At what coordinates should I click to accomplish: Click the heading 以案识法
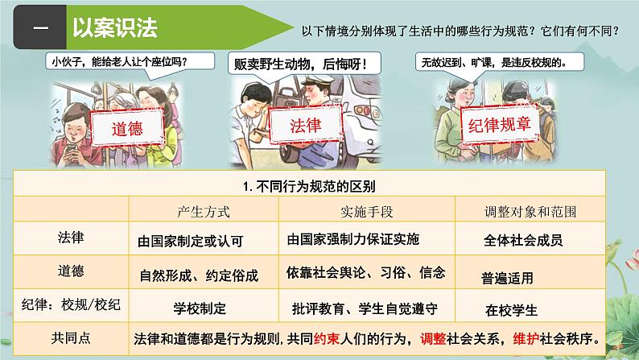[115, 27]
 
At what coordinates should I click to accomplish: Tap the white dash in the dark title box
[41, 27]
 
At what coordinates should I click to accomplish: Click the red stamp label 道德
[127, 128]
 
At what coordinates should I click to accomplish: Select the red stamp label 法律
[306, 125]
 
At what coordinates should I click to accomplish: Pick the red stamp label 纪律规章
[500, 124]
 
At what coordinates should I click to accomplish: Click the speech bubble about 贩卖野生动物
[304, 64]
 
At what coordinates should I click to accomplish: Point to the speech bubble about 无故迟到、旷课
[499, 63]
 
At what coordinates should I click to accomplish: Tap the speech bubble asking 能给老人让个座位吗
[130, 62]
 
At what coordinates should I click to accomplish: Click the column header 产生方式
[204, 212]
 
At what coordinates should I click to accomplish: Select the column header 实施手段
[366, 212]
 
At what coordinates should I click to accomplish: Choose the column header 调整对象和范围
[530, 212]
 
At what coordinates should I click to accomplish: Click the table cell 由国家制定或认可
[190, 241]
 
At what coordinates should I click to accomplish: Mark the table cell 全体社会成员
[523, 240]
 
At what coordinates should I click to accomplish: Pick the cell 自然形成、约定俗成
[199, 275]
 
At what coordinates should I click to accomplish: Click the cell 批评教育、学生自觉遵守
[365, 308]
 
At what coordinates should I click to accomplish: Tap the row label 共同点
[71, 337]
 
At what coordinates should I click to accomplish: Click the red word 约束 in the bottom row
[327, 338]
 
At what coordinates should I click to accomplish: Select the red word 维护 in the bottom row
[526, 338]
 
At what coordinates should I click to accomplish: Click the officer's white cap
[318, 80]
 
